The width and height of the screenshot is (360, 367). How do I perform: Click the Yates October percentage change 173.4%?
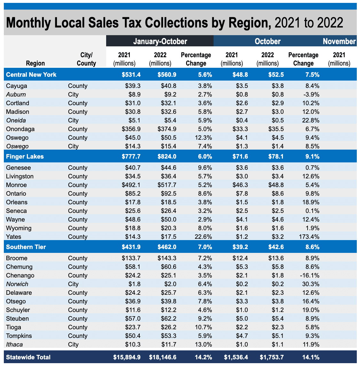pos(309,237)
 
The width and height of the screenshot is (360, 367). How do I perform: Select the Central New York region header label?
pos(31,74)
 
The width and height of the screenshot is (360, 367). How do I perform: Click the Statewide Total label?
pos(28,357)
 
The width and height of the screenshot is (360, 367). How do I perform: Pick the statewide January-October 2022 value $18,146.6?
pos(163,357)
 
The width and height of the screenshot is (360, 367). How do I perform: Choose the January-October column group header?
pos(160,41)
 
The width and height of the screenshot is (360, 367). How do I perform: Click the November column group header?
pos(339,41)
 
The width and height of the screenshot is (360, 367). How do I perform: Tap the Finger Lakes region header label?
pos(25,157)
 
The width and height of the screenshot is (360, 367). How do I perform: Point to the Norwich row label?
pos(17,284)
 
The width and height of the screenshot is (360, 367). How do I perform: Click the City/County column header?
pos(86,59)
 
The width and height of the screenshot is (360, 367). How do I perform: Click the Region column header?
pos(35,63)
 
